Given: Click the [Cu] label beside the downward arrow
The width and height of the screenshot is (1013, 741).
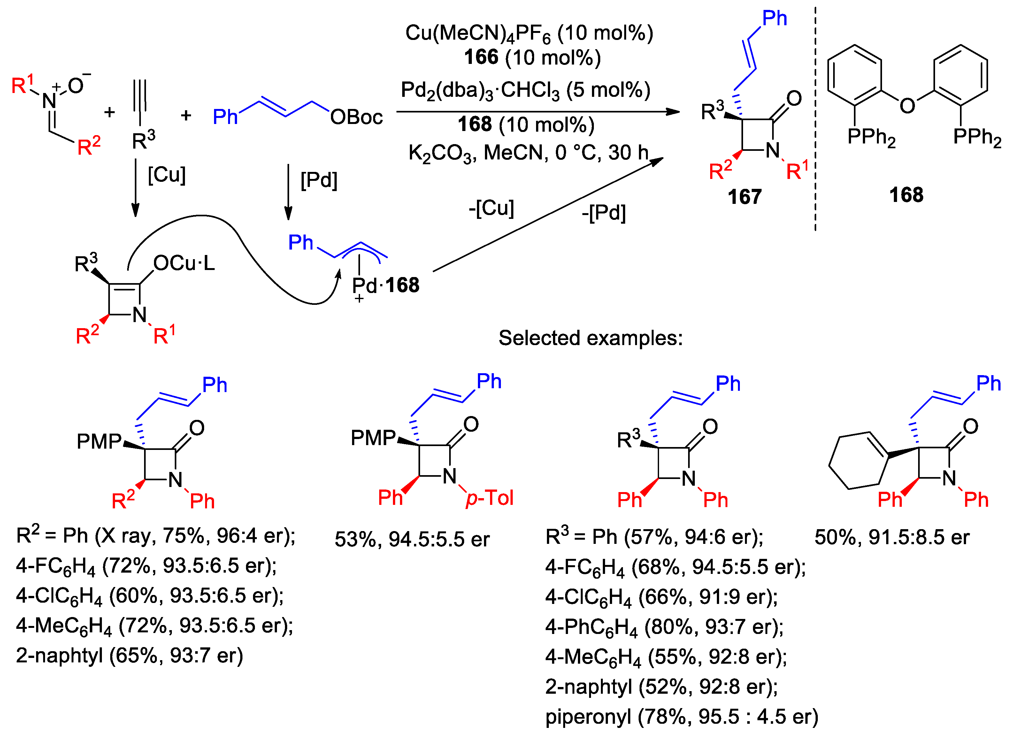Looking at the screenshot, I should click(167, 174).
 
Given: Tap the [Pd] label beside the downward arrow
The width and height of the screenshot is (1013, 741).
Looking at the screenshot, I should click(318, 180).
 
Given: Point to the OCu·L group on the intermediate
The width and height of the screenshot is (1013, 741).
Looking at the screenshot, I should click(184, 263).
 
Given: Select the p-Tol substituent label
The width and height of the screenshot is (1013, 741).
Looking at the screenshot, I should click(490, 498).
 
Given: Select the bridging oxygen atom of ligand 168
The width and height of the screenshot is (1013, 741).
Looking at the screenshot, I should click(907, 105).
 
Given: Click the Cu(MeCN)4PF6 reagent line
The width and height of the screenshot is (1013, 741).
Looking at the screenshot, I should click(529, 34).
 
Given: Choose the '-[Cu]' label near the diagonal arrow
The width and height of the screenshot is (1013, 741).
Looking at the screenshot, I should click(491, 208).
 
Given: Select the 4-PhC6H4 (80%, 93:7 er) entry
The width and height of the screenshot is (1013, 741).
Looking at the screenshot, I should click(664, 627).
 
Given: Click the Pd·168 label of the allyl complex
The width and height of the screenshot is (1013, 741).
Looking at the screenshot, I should click(386, 285).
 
